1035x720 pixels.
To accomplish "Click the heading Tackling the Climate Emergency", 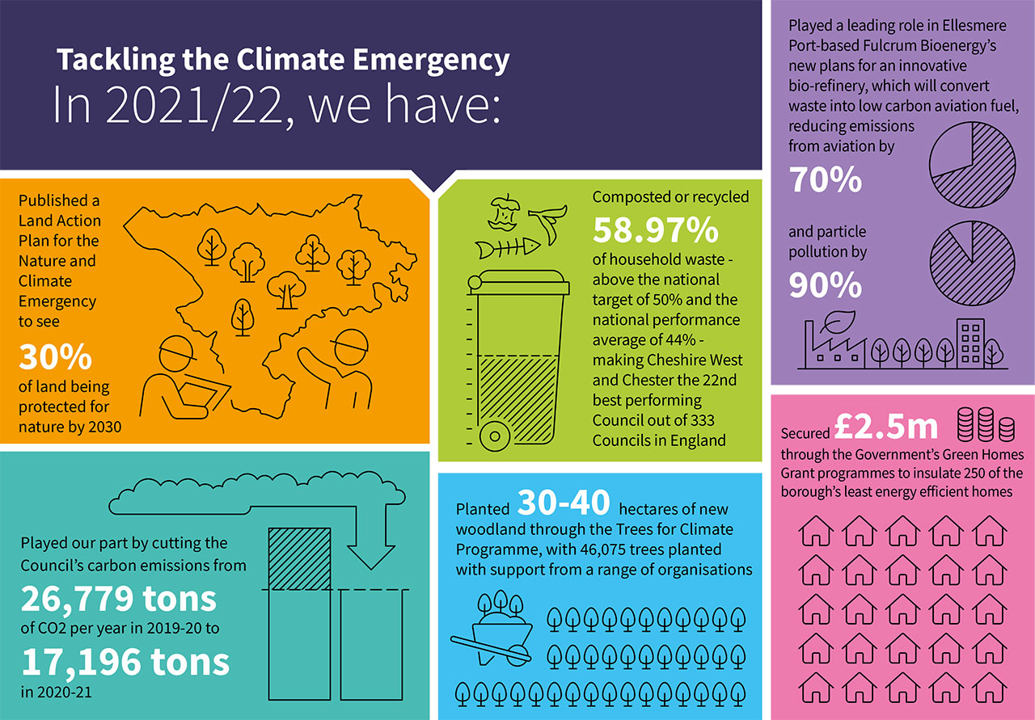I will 283,61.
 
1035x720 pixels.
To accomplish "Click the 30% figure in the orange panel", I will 55,356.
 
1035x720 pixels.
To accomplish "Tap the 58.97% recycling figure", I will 656,230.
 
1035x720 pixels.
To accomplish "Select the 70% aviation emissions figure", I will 826,179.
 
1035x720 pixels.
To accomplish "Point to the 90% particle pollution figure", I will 826,285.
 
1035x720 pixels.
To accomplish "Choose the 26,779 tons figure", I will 119,599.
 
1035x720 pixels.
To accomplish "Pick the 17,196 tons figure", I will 125,662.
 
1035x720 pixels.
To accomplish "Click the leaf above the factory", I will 833,324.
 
